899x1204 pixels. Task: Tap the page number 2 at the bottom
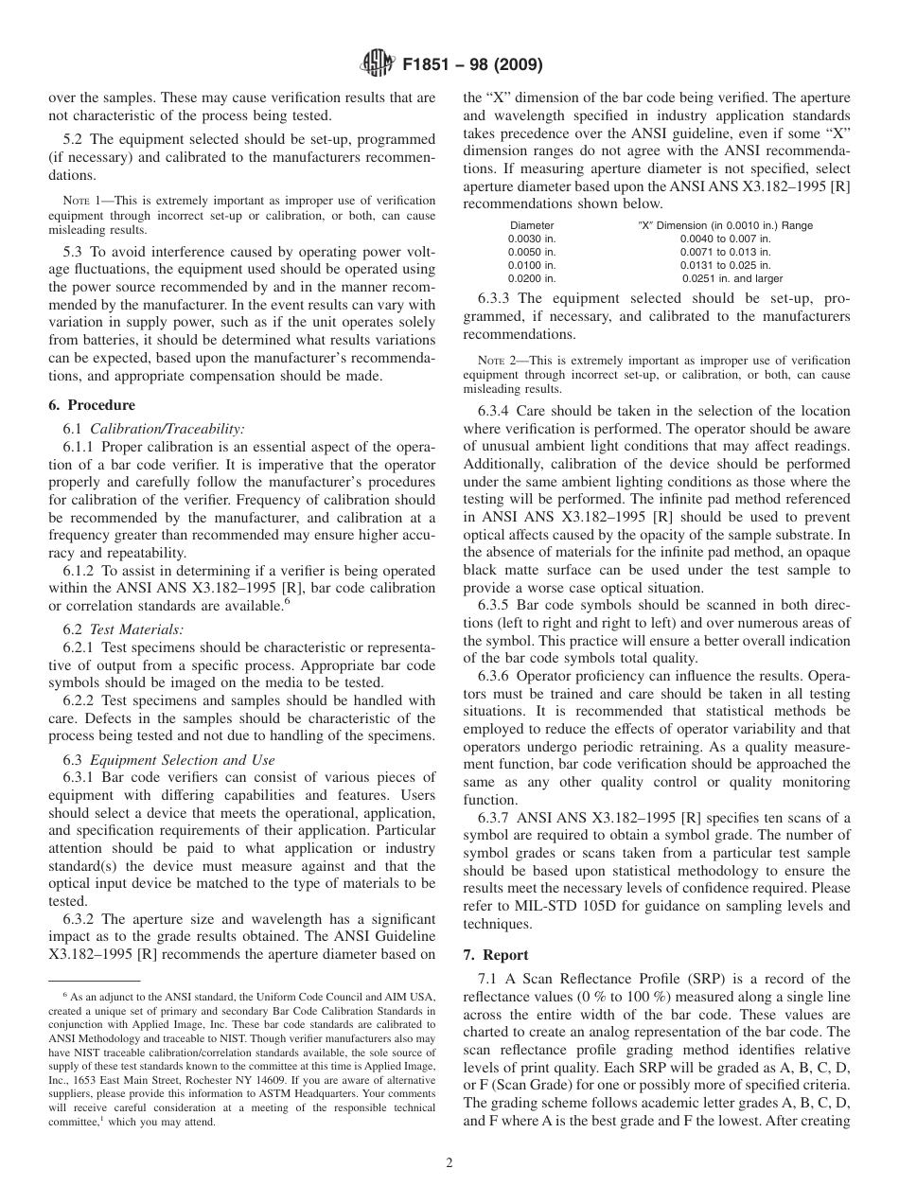449,1163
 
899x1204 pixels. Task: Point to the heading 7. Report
496,954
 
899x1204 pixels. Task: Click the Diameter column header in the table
532,225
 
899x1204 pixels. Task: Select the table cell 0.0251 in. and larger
732,278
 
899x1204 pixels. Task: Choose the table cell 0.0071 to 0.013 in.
725,252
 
